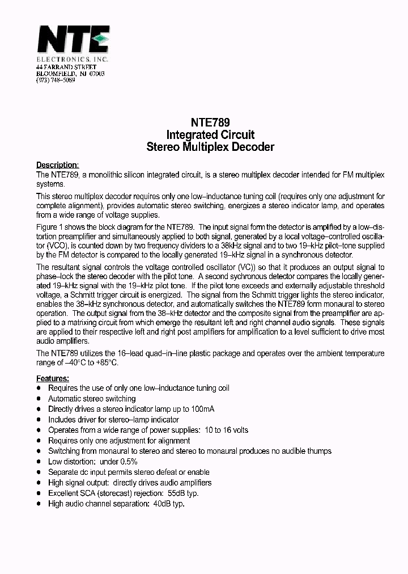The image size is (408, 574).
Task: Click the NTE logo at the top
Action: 73,41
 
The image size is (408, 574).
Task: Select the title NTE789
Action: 210,123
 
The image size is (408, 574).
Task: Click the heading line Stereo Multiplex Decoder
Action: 210,147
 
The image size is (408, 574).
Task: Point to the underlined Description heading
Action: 57,165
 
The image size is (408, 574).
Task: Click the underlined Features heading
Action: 53,378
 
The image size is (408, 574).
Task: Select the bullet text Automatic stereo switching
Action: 92,399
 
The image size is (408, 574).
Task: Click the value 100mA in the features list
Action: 202,409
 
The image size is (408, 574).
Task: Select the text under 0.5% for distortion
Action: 117,462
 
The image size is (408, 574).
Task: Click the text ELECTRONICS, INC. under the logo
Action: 72,60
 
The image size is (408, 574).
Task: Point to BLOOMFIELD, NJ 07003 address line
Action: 70,74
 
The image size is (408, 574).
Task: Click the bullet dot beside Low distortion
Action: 39,462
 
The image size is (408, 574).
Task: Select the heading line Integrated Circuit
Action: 210,135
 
